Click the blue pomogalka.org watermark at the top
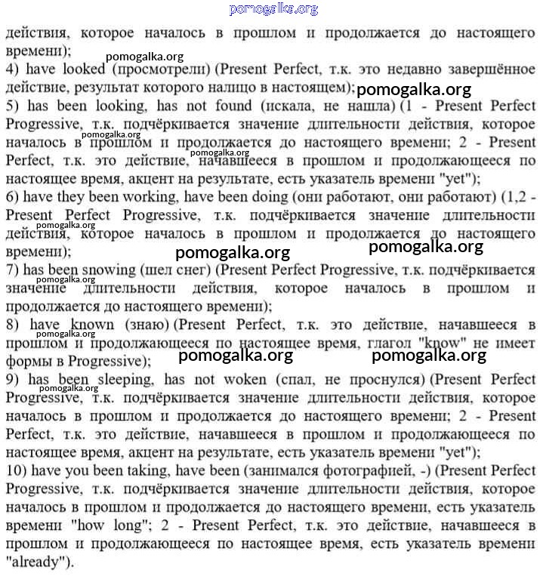(x=273, y=9)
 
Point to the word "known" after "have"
(x=92, y=325)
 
